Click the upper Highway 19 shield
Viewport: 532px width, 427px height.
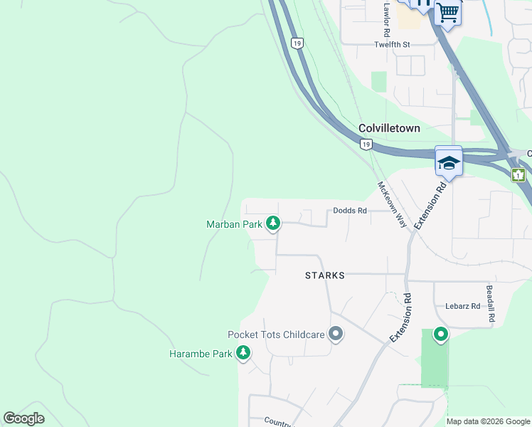point(297,43)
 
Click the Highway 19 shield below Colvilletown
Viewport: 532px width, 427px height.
point(366,144)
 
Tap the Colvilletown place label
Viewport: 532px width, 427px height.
point(389,129)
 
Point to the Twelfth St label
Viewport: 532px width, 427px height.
point(393,44)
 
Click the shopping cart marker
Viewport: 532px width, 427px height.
point(448,11)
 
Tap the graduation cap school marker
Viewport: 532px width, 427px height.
point(449,162)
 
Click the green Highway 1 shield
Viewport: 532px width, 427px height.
point(518,174)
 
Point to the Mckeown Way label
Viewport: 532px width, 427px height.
point(391,204)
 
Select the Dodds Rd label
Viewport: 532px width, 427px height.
point(350,211)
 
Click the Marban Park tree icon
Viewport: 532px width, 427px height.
point(273,224)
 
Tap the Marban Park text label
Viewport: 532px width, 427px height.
point(234,224)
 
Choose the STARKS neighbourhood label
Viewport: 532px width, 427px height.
point(324,275)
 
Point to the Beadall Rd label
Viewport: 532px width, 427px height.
point(490,305)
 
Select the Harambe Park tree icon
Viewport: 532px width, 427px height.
point(243,353)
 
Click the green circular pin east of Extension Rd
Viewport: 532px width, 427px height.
point(441,334)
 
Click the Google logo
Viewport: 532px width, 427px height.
point(24,418)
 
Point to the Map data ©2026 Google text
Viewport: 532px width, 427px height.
point(488,421)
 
